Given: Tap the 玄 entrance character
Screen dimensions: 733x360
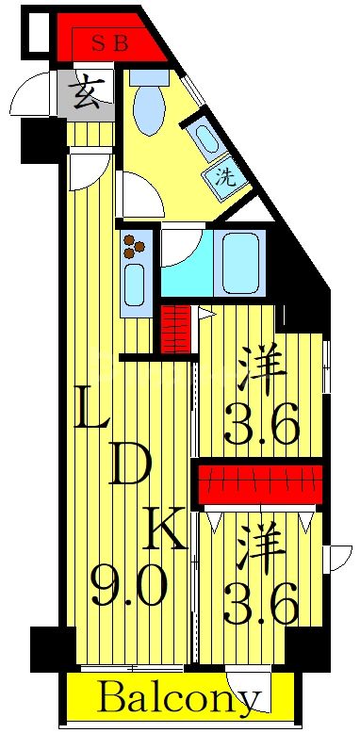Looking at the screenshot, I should point(87,96).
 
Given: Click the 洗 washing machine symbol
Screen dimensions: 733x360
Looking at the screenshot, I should point(226,176).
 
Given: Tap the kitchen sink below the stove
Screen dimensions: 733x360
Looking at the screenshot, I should point(133,285).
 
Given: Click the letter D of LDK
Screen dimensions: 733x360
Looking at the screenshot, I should point(129,465).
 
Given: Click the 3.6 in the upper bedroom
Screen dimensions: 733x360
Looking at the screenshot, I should point(261,427).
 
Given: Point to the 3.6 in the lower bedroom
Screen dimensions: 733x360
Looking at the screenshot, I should point(261,600).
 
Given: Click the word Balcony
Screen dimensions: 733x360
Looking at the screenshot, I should point(178,700).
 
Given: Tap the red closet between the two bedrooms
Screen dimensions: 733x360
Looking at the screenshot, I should point(259,484).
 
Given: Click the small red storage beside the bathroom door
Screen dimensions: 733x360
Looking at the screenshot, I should point(174,331).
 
